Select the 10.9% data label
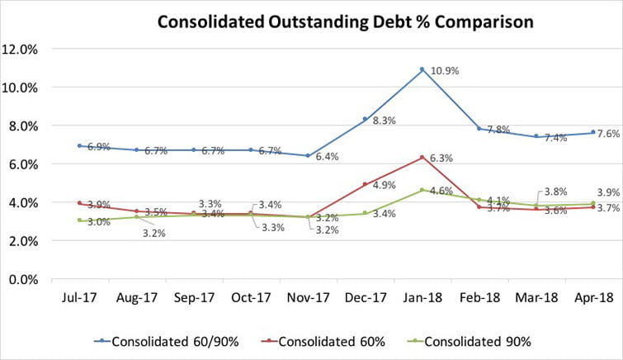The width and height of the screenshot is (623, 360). coord(441,71)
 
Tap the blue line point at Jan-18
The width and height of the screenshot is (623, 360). coord(422,69)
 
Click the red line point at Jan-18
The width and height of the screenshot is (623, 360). coord(422,157)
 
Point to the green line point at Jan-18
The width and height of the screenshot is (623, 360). coord(422,190)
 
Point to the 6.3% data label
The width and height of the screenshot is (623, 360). coord(441,158)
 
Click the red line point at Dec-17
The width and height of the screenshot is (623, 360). coord(365,184)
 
